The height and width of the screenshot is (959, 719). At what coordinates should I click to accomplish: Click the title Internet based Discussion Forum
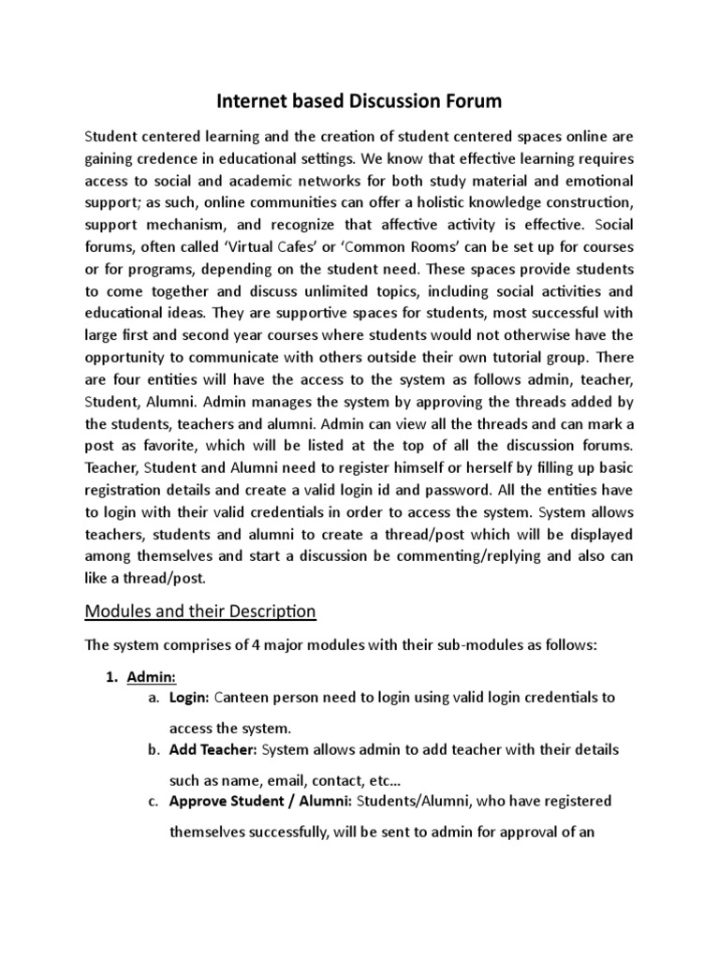point(359,99)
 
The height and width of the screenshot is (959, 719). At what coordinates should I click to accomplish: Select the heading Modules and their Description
point(200,612)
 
